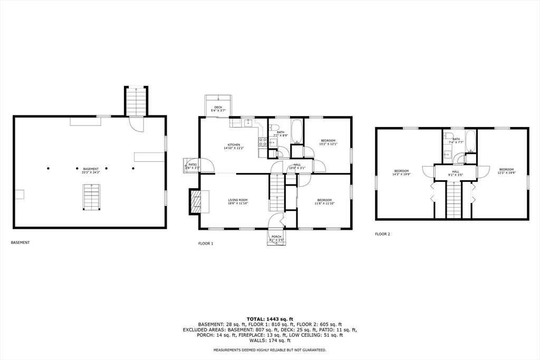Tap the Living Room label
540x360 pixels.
point(238,202)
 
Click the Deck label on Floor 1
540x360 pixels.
point(218,109)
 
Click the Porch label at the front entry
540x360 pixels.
point(277,238)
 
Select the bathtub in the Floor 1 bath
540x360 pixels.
point(296,132)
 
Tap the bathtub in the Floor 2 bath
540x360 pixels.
point(470,141)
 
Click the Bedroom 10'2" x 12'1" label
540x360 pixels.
point(327,142)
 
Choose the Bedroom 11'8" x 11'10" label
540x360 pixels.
point(324,202)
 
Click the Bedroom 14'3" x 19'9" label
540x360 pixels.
point(401,172)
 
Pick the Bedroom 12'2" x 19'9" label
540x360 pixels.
point(506,171)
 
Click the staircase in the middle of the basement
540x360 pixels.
point(92,197)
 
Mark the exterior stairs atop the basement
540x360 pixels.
point(136,100)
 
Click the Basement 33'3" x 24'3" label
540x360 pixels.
point(91,171)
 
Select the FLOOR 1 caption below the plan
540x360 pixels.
point(206,244)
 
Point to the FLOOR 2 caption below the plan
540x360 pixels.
point(382,234)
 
